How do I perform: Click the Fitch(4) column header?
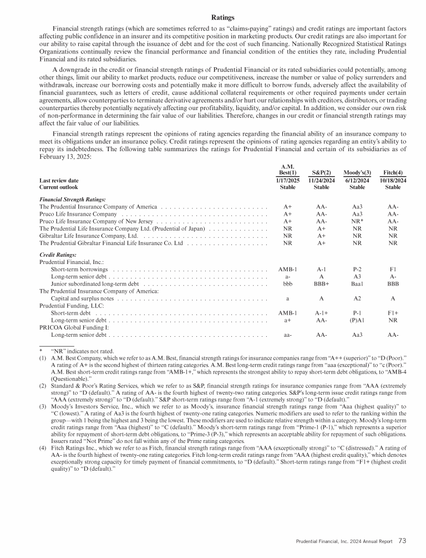393,172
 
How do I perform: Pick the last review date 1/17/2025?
287,180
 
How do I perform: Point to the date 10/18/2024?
393,180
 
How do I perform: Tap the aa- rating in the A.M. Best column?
287,335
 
